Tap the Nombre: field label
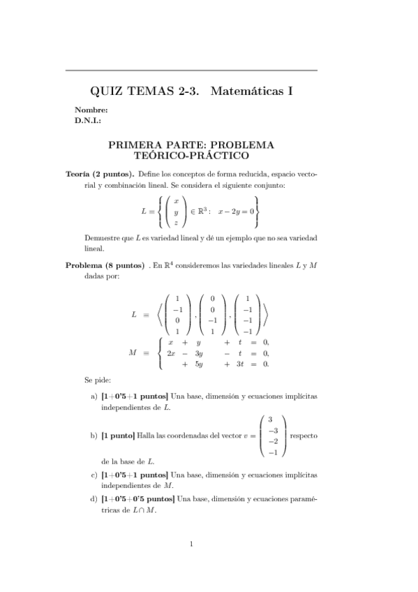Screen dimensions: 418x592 pos(91,110)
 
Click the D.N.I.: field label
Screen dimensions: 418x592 pos(88,120)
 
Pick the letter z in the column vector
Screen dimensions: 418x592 pos(176,223)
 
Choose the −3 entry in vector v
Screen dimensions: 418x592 pos(273,431)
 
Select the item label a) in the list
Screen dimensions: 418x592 pos(94,397)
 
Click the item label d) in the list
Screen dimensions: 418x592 pos(94,498)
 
